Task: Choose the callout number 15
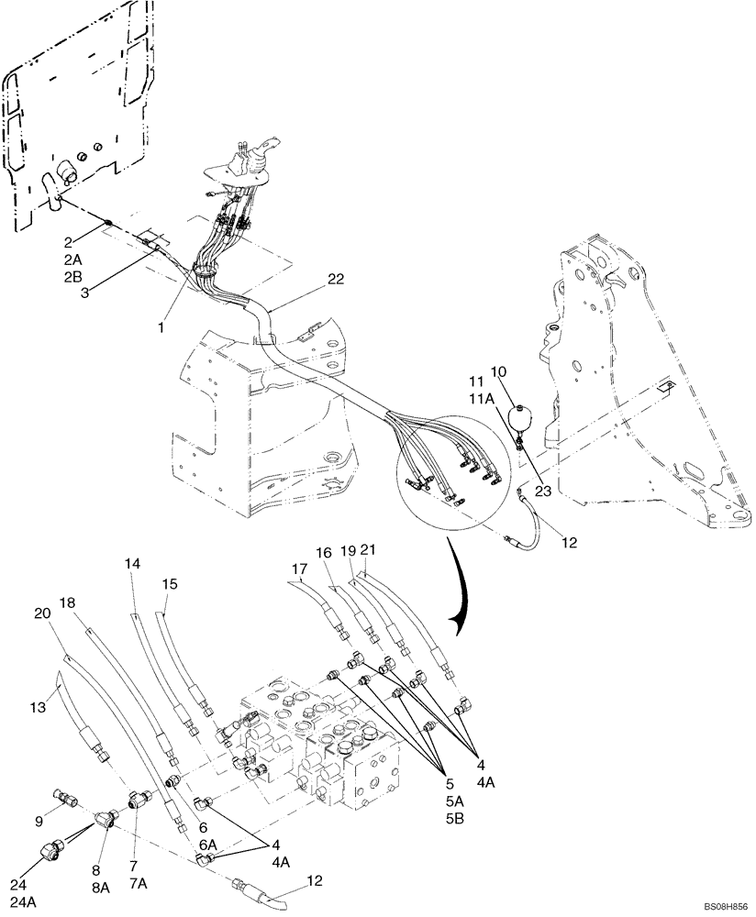tap(169, 583)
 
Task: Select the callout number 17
tap(298, 569)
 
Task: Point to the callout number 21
tap(369, 549)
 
